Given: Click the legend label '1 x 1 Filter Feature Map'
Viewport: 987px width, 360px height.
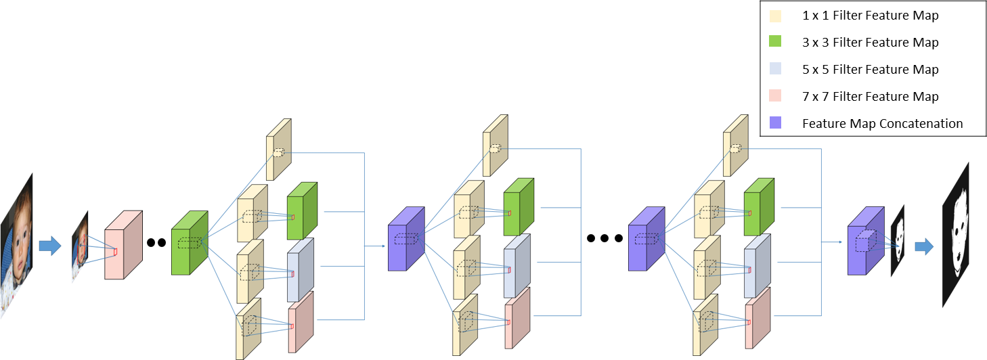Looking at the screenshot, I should [x=870, y=15].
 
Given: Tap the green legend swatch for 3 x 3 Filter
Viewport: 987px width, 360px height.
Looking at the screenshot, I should [x=775, y=42].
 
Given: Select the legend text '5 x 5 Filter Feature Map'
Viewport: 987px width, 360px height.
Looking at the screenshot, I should [x=870, y=69].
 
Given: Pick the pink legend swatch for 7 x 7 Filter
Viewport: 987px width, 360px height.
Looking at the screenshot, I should [x=775, y=96].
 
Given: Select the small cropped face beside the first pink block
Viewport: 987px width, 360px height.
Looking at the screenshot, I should [x=81, y=247].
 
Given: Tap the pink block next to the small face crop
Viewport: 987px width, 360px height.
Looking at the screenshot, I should [x=123, y=245].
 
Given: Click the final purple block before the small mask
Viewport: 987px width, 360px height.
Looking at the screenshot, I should [x=865, y=242].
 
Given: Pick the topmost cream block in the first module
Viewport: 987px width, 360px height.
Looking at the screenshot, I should [x=278, y=150].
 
